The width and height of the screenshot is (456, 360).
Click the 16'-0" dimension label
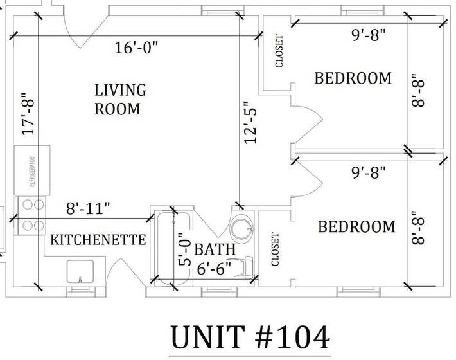(x=136, y=48)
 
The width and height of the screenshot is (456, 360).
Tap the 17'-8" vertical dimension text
(x=28, y=114)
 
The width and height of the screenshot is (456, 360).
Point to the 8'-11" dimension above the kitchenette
(x=88, y=208)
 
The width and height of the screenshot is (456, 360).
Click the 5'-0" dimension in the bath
(x=185, y=249)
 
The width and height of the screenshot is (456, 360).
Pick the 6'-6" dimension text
(x=215, y=269)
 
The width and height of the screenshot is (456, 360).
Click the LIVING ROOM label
(x=120, y=99)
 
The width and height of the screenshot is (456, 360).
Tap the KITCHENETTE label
(x=98, y=240)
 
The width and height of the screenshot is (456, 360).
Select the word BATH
(x=215, y=249)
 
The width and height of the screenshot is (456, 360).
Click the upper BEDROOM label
(x=353, y=78)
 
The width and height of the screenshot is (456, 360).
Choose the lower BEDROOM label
(x=356, y=226)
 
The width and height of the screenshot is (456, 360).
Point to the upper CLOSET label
(x=279, y=51)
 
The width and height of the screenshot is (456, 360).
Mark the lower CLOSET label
(x=275, y=249)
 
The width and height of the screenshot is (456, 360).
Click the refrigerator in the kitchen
(x=32, y=170)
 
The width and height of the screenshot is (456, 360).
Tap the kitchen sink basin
(x=80, y=271)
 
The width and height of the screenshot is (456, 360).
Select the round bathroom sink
(x=242, y=228)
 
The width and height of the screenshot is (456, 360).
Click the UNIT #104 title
(x=250, y=337)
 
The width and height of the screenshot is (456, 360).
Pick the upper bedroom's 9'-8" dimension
(x=369, y=35)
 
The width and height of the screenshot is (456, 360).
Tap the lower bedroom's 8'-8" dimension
(x=418, y=228)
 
